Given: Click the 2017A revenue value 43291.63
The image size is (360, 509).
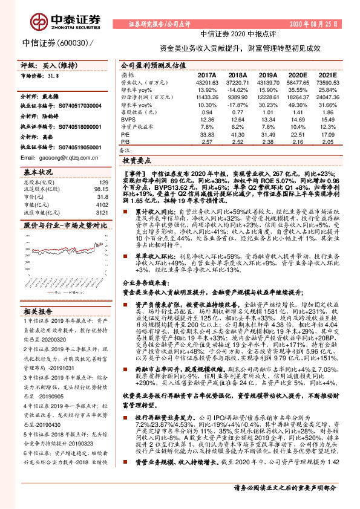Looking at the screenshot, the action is pos(207,81).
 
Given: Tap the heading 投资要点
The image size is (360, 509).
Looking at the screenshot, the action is pos(137,161).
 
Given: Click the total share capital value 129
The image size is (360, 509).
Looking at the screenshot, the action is pos(103,181).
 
